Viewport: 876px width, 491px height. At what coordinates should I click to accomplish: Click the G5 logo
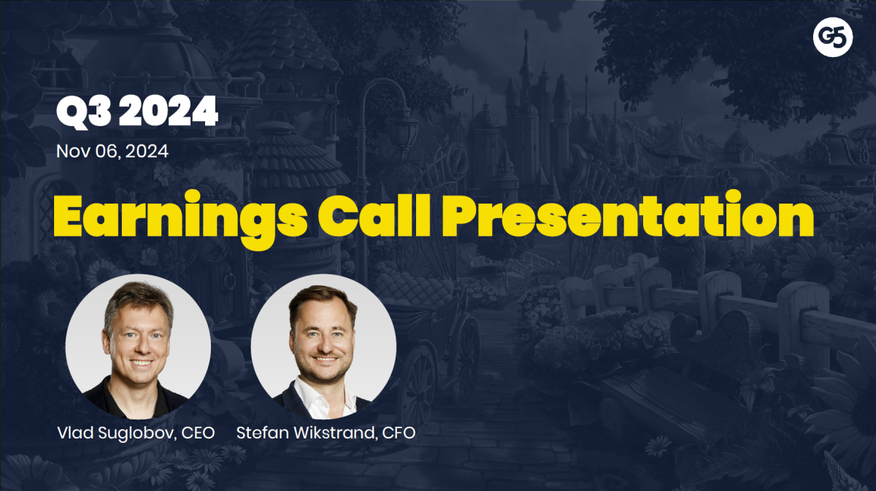coord(833,37)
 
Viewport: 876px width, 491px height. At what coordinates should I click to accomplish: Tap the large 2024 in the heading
coord(168,111)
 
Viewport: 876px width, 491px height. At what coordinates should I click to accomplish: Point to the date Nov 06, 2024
coord(112,151)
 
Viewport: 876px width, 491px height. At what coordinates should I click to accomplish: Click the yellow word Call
coord(374,215)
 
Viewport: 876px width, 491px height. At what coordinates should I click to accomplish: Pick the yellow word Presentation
coord(628,214)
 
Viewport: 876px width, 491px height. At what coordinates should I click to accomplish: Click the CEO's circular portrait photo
coord(138,347)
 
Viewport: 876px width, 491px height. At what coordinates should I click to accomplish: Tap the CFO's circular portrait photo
coord(323,347)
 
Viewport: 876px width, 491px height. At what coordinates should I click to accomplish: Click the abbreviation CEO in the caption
coord(199,433)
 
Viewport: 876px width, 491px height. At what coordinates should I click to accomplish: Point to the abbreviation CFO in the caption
coord(399,433)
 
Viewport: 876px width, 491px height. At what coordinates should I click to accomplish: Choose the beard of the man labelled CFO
coord(325,369)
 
